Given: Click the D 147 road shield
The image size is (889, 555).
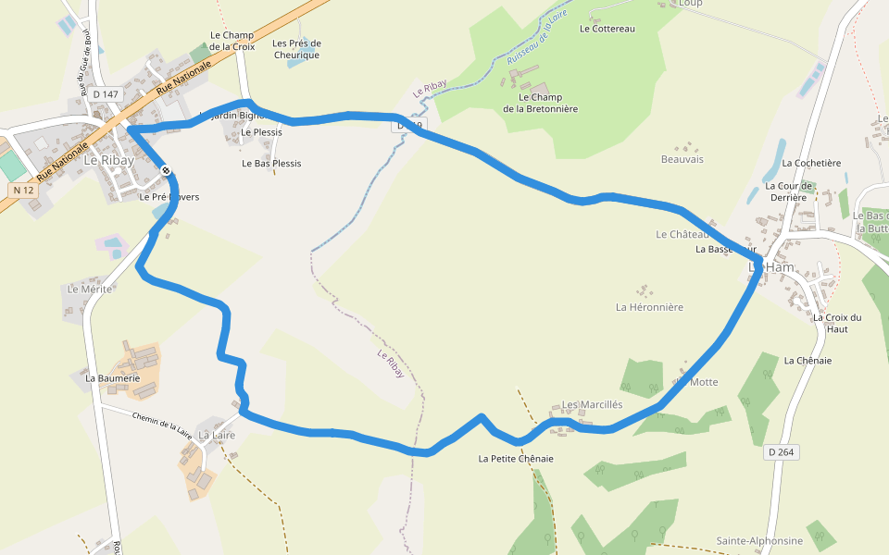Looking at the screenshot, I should (106, 94).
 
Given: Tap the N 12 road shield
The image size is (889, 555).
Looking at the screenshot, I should (23, 190).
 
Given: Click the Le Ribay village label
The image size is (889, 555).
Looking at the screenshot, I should (108, 160).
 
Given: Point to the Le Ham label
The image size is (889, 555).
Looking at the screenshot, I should (771, 267).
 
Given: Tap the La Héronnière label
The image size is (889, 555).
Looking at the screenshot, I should (649, 307).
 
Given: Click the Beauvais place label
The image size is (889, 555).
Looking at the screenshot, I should (682, 159).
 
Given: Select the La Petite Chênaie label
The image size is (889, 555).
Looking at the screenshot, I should (516, 459).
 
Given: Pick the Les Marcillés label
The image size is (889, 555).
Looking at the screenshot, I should (593, 405).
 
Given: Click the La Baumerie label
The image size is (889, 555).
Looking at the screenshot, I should (112, 378).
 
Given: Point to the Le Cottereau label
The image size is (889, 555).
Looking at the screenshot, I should (607, 29).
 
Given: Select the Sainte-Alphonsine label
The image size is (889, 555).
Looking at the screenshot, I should (759, 540).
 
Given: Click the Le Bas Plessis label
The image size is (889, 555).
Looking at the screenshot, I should (271, 164).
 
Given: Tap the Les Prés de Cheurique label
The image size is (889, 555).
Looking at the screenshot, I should (296, 49).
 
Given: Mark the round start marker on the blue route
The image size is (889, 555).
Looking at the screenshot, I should (166, 170).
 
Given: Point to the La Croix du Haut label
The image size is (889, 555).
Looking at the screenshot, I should (837, 323).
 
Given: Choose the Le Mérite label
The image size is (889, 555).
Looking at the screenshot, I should (90, 290).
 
